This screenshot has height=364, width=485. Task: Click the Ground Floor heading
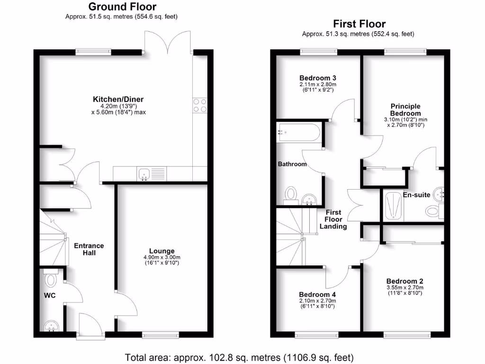coord(122,7)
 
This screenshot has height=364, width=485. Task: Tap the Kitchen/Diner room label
coord(118,100)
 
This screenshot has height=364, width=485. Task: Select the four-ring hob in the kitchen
coord(200,105)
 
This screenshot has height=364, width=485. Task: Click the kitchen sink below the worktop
coord(144,174)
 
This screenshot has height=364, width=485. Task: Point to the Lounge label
coord(162,251)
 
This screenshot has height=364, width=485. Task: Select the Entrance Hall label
coord(89,249)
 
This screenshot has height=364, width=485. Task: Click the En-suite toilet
coord(432,210)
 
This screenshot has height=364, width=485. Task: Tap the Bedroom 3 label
coord(318,78)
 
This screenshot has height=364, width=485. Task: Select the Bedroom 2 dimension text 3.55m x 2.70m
coord(404,287)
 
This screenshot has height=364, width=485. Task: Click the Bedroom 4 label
coord(317,294)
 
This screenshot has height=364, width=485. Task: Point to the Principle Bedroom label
coord(405,110)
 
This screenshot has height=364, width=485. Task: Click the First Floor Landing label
coord(333,219)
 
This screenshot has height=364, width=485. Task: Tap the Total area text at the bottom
coord(239,356)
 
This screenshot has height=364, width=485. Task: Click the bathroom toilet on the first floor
coord(291,193)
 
